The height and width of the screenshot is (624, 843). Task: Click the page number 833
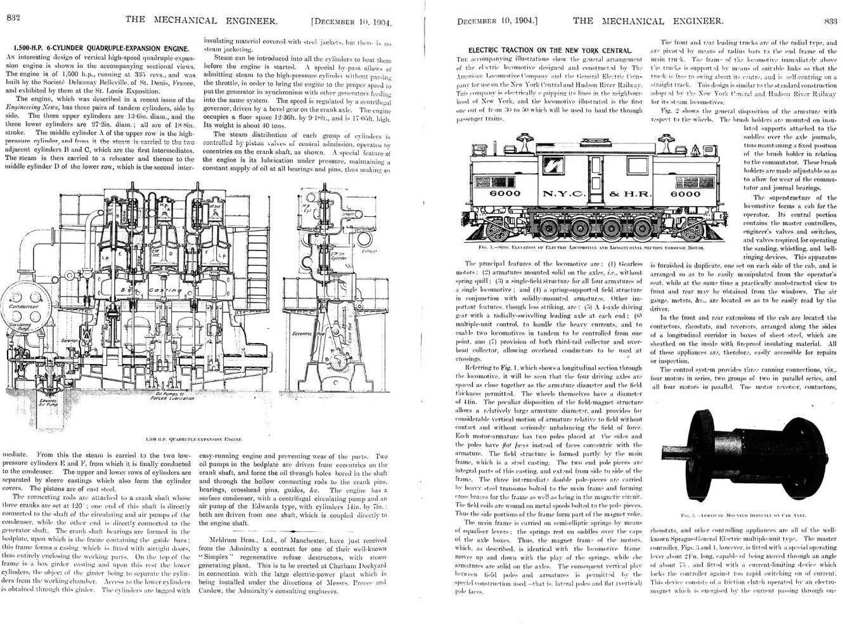click(830, 20)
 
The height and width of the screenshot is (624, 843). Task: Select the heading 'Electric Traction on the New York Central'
click(550, 50)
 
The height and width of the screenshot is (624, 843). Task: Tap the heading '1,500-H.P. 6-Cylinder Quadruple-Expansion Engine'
click(101, 48)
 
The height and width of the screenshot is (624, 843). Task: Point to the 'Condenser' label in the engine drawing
click(23, 306)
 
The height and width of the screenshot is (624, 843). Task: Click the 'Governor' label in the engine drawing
click(70, 340)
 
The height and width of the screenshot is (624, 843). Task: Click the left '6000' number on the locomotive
click(505, 193)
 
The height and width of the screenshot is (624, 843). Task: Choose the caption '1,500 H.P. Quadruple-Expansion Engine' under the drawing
click(193, 439)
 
